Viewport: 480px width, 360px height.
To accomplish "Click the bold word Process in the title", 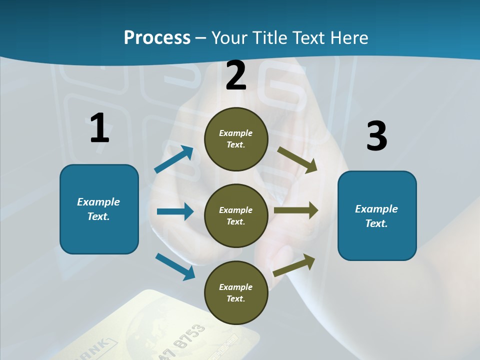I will click(157, 37).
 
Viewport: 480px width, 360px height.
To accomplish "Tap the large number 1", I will click(99, 127).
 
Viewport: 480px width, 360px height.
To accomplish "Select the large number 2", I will click(236, 75).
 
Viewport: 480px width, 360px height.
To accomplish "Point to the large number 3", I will click(376, 136).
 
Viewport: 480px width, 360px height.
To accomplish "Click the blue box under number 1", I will click(99, 209).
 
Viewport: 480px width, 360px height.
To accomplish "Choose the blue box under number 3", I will click(377, 215).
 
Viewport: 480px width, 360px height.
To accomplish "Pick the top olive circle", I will click(236, 139).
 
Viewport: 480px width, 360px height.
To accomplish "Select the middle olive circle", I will click(236, 215).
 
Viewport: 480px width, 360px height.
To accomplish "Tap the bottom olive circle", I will click(236, 292).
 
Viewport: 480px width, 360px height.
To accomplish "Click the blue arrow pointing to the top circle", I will click(174, 159).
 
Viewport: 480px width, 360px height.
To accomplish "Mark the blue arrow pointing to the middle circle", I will click(175, 211).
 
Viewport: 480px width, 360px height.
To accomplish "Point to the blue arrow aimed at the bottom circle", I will click(175, 266).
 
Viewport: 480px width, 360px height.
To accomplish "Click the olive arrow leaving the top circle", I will click(297, 159).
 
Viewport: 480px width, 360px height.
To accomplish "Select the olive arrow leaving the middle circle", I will click(296, 210).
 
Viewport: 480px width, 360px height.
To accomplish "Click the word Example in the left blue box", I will click(98, 202).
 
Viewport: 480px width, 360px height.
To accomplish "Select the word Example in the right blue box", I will click(376, 209).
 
